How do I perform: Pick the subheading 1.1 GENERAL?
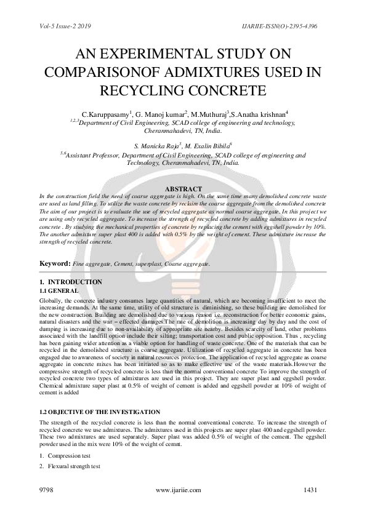(58, 290)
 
